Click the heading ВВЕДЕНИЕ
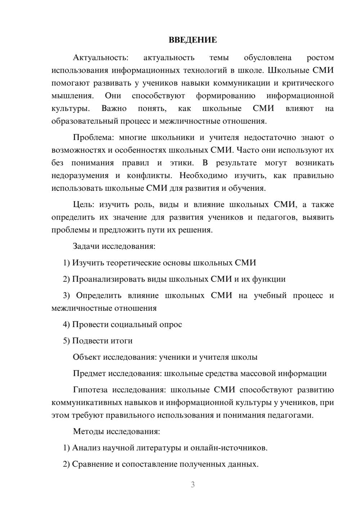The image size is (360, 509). [x=193, y=40]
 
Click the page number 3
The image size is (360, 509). [x=193, y=485]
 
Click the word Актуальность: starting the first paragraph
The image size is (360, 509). [x=100, y=58]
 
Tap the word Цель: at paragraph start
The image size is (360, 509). [x=84, y=204]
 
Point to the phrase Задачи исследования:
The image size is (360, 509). [x=114, y=246]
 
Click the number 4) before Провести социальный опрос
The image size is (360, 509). [x=66, y=324]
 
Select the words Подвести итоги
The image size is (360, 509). [x=102, y=341]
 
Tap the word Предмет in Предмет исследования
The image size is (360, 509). [x=89, y=373]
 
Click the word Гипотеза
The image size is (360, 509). [x=90, y=390]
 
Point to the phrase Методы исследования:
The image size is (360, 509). [x=116, y=431]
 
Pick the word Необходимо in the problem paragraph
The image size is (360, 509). [x=203, y=176]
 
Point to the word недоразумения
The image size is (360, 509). [x=80, y=176]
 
